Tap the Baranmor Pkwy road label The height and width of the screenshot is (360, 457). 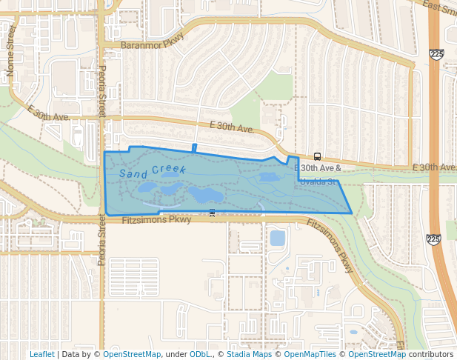tap(142, 45)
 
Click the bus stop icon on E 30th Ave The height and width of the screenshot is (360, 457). tap(317, 156)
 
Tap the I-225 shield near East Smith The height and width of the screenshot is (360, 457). tap(436, 55)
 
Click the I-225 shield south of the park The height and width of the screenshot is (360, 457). tap(433, 239)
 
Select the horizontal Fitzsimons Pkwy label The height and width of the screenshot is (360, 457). tap(156, 219)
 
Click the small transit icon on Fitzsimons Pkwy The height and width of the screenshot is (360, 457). tap(213, 213)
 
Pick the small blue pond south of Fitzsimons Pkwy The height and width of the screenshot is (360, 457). tap(277, 238)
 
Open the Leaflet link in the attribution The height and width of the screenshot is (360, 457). tap(42, 354)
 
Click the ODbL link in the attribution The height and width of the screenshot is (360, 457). tap(200, 354)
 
